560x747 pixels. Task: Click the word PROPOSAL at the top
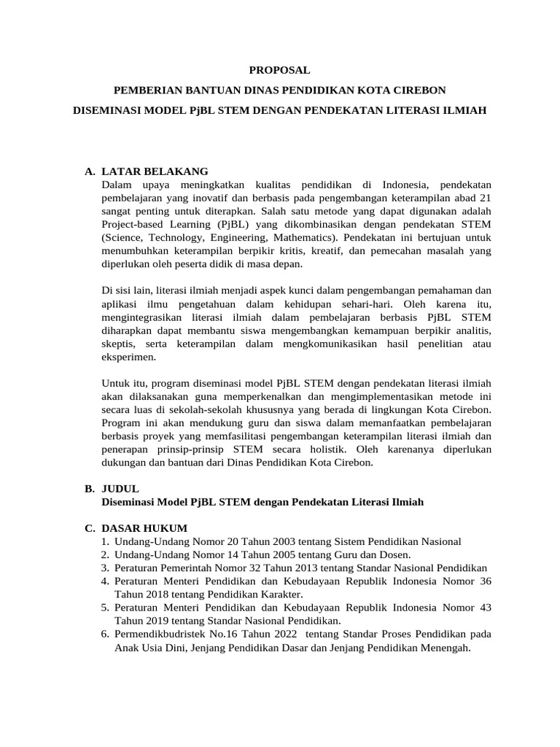click(279, 70)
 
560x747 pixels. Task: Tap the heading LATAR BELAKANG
click(155, 171)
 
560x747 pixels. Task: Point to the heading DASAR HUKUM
click(144, 528)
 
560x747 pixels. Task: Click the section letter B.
click(89, 489)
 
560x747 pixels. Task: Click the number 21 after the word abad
click(484, 198)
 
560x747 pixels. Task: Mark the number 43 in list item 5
click(484, 607)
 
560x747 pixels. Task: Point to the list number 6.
click(105, 633)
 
